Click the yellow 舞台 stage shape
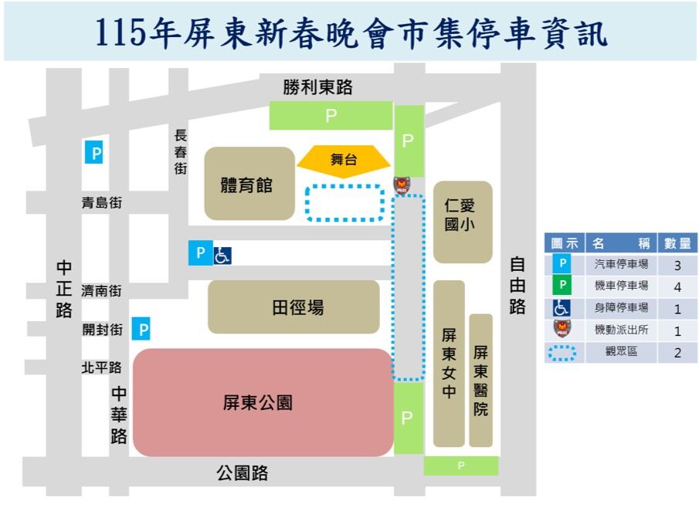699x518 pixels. [x=344, y=161]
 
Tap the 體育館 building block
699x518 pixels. [x=249, y=185]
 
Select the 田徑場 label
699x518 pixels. [x=297, y=308]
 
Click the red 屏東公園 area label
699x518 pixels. [x=257, y=402]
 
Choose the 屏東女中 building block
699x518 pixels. [x=449, y=364]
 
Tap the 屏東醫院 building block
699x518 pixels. [x=480, y=380]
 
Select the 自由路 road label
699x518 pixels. [x=517, y=286]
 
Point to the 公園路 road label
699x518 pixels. [x=243, y=473]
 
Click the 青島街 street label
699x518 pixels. [x=102, y=203]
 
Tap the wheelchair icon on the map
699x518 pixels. [x=222, y=254]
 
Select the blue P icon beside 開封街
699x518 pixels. [x=141, y=330]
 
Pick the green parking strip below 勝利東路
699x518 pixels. [x=331, y=117]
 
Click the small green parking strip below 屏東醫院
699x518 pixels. [x=461, y=466]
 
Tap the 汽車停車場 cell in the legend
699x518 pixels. [x=621, y=265]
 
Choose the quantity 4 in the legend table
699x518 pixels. [x=677, y=286]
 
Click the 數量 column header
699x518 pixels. [x=677, y=243]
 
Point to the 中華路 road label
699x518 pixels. [x=118, y=415]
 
